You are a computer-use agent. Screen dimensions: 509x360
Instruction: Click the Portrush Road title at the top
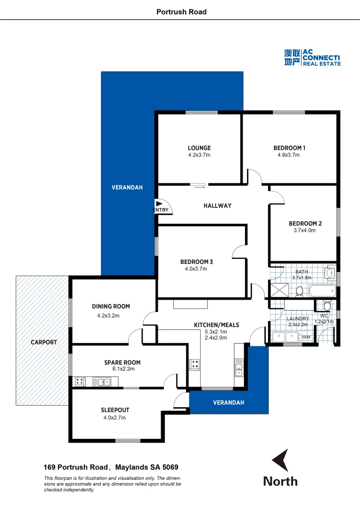click(181, 12)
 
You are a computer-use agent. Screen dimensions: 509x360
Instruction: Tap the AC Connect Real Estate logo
click(312, 57)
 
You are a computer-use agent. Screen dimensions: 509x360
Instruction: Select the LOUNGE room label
click(199, 148)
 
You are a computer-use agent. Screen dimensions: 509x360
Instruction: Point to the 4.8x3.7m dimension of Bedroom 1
click(289, 155)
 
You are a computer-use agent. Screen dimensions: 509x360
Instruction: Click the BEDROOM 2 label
click(305, 223)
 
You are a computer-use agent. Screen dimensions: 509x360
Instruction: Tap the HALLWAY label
click(217, 205)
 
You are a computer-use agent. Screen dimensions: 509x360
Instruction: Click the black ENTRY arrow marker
click(159, 203)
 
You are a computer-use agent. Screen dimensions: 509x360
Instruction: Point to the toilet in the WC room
click(327, 306)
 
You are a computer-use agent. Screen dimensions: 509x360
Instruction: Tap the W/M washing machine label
click(306, 337)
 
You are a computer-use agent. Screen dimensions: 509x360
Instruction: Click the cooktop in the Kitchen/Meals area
click(194, 364)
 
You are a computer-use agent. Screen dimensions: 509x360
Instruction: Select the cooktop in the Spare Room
click(80, 382)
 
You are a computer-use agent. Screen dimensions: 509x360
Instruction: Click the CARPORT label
click(44, 342)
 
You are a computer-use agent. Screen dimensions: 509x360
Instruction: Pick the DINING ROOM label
click(111, 306)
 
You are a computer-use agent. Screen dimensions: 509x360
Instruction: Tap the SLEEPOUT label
click(115, 410)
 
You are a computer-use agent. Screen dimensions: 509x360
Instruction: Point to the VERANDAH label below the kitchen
click(229, 402)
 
